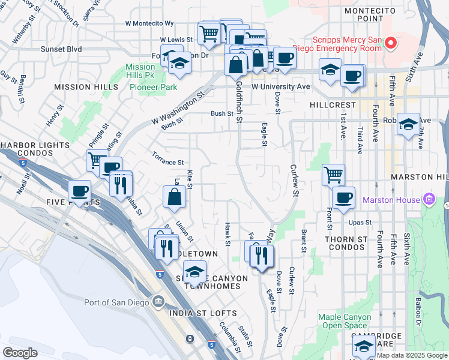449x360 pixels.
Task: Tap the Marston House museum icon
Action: [x=429, y=199]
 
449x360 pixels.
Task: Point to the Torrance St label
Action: [x=167, y=163]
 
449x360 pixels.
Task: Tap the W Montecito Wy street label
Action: [x=149, y=23]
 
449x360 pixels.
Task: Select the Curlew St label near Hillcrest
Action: [x=294, y=180]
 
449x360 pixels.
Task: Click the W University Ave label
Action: [x=280, y=87]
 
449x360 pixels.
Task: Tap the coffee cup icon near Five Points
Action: [x=79, y=191]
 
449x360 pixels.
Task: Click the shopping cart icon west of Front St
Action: [x=333, y=175]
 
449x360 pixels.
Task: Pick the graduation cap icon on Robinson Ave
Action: [x=408, y=124]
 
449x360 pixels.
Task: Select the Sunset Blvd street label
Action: [x=61, y=49]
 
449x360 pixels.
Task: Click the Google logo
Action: [x=20, y=353]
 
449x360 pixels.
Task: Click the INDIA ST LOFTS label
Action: [x=195, y=313]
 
